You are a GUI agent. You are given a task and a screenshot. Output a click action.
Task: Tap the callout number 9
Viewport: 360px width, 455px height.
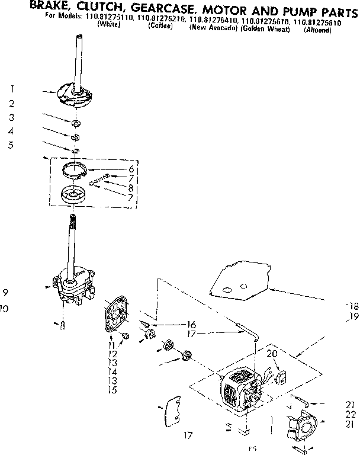pyautogui.click(x=5, y=292)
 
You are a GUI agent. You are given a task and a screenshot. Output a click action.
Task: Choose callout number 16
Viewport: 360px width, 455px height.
pyautogui.click(x=191, y=324)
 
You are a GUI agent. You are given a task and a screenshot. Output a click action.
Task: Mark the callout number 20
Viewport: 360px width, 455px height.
pyautogui.click(x=272, y=354)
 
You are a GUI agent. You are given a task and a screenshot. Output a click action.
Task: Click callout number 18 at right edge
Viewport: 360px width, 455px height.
pyautogui.click(x=353, y=306)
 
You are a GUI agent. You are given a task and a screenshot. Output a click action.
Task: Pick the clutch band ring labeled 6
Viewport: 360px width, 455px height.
pyautogui.click(x=76, y=169)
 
